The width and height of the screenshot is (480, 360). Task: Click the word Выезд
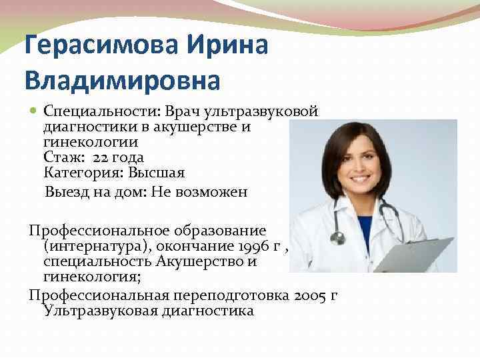(64, 192)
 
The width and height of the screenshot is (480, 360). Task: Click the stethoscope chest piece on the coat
(338, 237)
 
